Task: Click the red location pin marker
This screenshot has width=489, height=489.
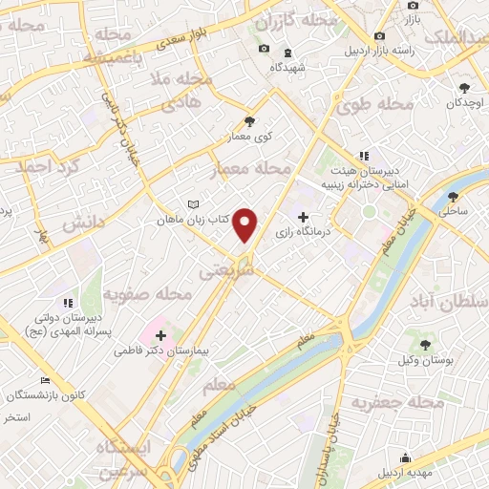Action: pyautogui.click(x=245, y=224)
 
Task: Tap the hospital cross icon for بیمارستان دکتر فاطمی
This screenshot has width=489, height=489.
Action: pyautogui.click(x=160, y=335)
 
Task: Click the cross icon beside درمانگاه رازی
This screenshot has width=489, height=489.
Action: pyautogui.click(x=304, y=217)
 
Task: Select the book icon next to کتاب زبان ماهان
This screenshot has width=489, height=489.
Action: pyautogui.click(x=194, y=204)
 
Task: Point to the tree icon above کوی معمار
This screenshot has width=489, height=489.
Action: pyautogui.click(x=250, y=121)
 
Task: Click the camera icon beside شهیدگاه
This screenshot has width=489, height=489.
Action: pyautogui.click(x=265, y=49)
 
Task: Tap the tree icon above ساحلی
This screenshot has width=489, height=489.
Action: pyautogui.click(x=453, y=199)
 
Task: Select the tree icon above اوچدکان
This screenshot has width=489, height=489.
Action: pyautogui.click(x=463, y=87)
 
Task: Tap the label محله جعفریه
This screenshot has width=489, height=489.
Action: pyautogui.click(x=400, y=402)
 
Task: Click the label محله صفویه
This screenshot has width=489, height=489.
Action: pyautogui.click(x=140, y=292)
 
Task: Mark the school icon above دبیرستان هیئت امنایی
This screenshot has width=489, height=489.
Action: pyautogui.click(x=363, y=156)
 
